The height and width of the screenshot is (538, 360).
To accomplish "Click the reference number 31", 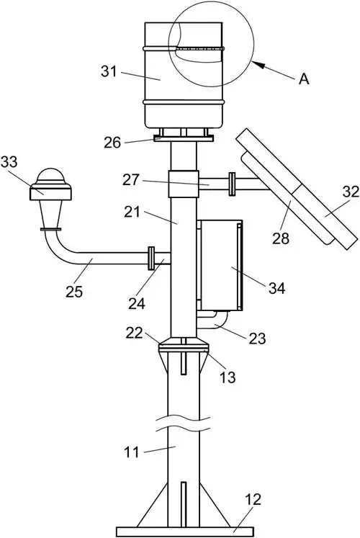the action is (x=109, y=71).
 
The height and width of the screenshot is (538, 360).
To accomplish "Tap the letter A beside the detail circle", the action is (x=304, y=79).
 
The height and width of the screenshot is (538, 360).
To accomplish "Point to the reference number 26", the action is (x=112, y=143).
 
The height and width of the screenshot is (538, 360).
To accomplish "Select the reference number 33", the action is (x=9, y=162).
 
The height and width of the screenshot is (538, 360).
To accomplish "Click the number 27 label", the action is (x=131, y=179).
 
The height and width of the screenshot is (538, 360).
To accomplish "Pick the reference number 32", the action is (x=351, y=192).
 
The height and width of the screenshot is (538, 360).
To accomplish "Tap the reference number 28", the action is (x=281, y=238).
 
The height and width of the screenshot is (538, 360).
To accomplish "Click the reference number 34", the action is (x=276, y=288).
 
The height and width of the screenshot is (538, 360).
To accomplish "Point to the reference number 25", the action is (x=74, y=292).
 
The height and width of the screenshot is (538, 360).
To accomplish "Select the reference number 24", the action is (x=137, y=303).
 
